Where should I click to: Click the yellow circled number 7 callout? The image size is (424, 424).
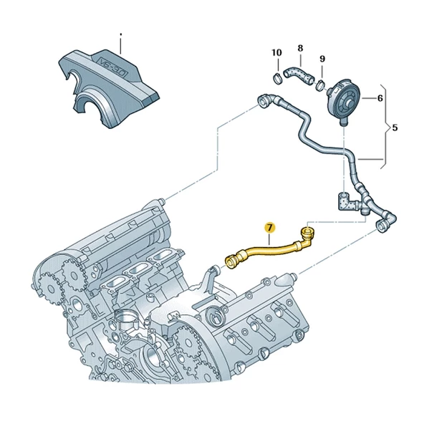point(270,228)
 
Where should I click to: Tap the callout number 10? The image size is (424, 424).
point(276,52)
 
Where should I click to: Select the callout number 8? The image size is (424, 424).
point(300,48)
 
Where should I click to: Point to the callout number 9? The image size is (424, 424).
point(322,59)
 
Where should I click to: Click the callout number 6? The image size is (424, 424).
point(380,98)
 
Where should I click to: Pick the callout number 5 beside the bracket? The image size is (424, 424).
point(395,127)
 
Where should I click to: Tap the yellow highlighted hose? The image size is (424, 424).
point(269,249)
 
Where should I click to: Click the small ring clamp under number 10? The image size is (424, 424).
point(277,78)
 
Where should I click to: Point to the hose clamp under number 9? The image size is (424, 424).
point(321,85)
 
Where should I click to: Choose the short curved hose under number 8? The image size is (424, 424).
point(299,75)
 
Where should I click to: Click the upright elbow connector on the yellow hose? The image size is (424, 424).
point(307,236)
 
